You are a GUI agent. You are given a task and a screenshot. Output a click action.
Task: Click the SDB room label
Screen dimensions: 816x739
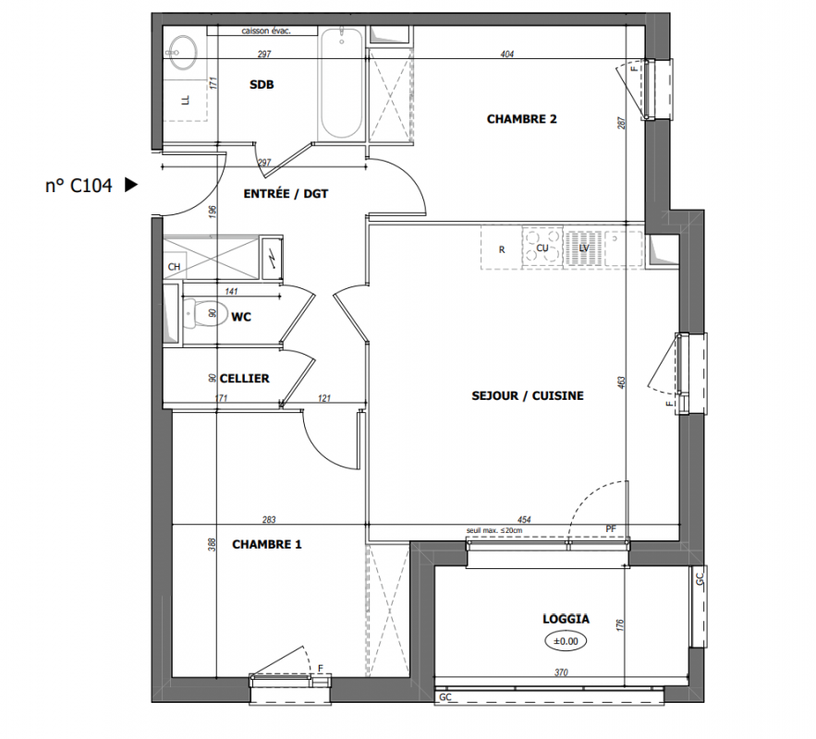[262, 84]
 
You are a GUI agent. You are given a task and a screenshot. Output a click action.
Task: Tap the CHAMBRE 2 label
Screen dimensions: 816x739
[521, 119]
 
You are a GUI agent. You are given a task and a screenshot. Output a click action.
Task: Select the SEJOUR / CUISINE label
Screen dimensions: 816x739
[527, 395]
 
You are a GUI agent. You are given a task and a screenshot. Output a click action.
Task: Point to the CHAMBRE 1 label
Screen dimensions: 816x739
[266, 544]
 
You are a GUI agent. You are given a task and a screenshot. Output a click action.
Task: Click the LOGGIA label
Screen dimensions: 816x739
[566, 619]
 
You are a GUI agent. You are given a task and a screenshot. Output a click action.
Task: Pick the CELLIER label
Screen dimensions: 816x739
[244, 379]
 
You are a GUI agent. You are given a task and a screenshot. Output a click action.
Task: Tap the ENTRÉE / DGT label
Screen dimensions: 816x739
[286, 194]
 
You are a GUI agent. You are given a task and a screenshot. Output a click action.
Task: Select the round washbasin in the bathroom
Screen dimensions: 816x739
[182, 53]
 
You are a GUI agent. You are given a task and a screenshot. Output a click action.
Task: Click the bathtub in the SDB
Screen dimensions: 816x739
[341, 83]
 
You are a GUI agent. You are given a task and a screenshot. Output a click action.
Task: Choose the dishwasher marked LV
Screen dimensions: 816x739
[584, 248]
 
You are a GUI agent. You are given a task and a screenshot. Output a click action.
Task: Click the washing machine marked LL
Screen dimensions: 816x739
[185, 101]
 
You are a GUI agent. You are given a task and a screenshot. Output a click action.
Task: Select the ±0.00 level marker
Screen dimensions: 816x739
[566, 641]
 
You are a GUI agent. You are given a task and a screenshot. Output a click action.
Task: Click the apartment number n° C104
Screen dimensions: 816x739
[79, 186]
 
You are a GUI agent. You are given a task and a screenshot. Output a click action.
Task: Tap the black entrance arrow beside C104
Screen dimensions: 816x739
[131, 185]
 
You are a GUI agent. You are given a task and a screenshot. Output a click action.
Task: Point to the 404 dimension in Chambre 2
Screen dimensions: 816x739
[506, 54]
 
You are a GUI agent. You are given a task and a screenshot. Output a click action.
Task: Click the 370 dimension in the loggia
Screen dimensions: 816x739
[561, 672]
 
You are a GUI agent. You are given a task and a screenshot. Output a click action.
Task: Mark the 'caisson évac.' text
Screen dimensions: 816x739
[266, 30]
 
